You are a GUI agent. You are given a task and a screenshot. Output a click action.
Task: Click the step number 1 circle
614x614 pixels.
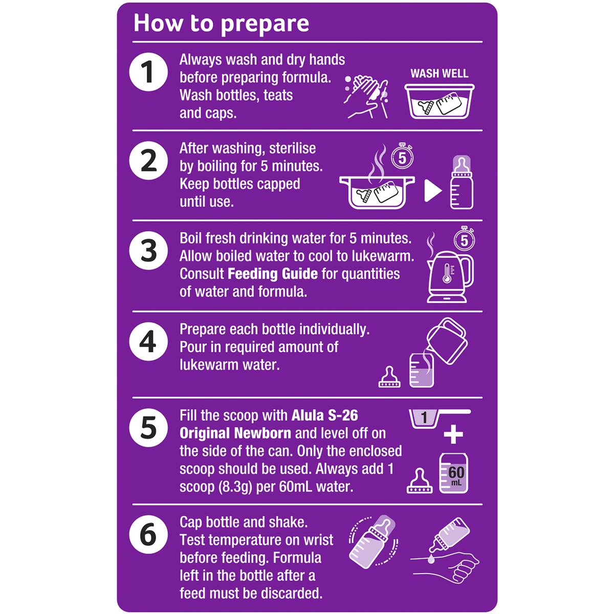pos(148,72)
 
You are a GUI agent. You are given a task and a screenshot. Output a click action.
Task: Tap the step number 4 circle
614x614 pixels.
pos(148,342)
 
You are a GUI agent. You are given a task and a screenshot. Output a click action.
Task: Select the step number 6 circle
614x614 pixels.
pos(148,534)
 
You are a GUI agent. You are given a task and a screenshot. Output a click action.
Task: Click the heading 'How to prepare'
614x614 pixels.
pos(221,24)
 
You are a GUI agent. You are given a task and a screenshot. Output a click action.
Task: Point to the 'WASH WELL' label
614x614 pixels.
pos(439,74)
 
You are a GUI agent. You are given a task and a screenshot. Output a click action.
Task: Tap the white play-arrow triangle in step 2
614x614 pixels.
pos(433,190)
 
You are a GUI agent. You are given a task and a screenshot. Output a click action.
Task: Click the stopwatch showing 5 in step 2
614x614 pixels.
pos(402,158)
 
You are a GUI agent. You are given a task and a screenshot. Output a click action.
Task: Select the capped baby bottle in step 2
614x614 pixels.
pos(462,182)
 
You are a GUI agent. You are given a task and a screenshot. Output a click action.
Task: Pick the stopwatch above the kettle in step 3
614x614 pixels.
pos(464,239)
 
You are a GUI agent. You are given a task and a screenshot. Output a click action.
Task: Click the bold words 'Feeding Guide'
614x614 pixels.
pos(273,274)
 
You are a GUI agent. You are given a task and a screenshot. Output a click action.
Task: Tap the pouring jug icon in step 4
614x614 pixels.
pos(447,341)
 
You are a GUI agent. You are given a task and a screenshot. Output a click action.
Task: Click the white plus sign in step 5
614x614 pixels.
pos(453,434)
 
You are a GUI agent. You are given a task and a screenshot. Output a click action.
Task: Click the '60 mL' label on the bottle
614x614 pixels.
pos(456,475)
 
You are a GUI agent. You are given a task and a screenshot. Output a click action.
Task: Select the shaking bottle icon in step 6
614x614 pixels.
pos(374,541)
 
